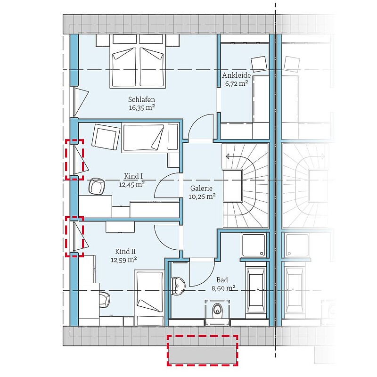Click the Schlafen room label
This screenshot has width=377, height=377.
pyautogui.click(x=141, y=99)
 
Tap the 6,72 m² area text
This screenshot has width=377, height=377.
pyautogui.click(x=237, y=83)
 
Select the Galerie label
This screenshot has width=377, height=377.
pyautogui.click(x=202, y=188)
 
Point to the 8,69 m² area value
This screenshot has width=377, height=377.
pyautogui.click(x=223, y=288)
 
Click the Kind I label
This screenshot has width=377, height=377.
pyautogui.click(x=133, y=176)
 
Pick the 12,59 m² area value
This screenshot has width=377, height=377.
pyautogui.click(x=124, y=260)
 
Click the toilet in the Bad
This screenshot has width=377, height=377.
pyautogui.click(x=218, y=309)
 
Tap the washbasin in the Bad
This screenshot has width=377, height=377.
pyautogui.click(x=178, y=286)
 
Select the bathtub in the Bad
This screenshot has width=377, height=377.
pyautogui.click(x=256, y=289)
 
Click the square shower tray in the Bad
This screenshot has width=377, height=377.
pyautogui.click(x=254, y=245)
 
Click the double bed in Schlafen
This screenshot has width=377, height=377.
pyautogui.click(x=138, y=61)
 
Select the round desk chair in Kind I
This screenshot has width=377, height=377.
pyautogui.click(x=97, y=186)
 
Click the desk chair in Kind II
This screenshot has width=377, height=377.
pyautogui.click(x=104, y=300)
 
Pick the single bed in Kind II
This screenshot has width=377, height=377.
pyautogui.click(x=149, y=298)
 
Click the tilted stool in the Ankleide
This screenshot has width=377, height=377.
pyautogui.click(x=259, y=64)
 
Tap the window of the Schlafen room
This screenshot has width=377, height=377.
pyautogui.click(x=76, y=102)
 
